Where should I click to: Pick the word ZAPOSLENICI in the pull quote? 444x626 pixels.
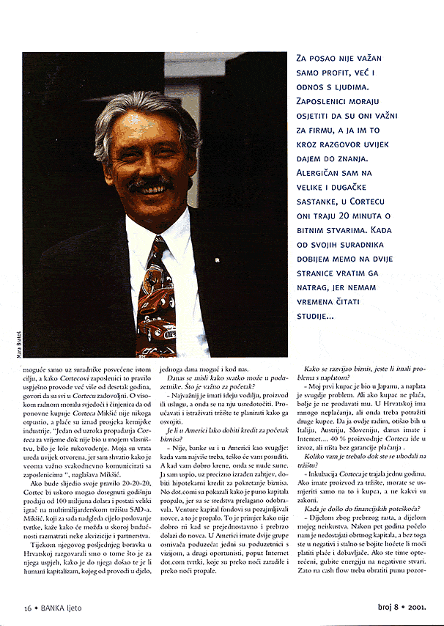(328, 101)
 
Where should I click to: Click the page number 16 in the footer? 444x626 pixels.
(27, 608)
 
